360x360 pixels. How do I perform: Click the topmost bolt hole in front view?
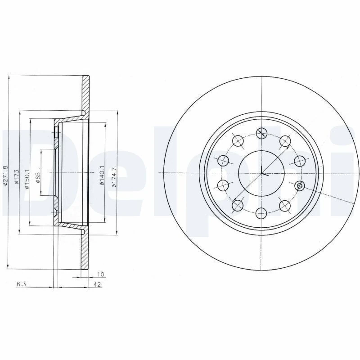tap(261, 133)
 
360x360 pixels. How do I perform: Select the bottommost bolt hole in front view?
tap(261, 212)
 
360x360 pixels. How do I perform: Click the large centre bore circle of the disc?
tap(261, 173)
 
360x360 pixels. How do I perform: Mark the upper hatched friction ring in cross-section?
tap(86, 94)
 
